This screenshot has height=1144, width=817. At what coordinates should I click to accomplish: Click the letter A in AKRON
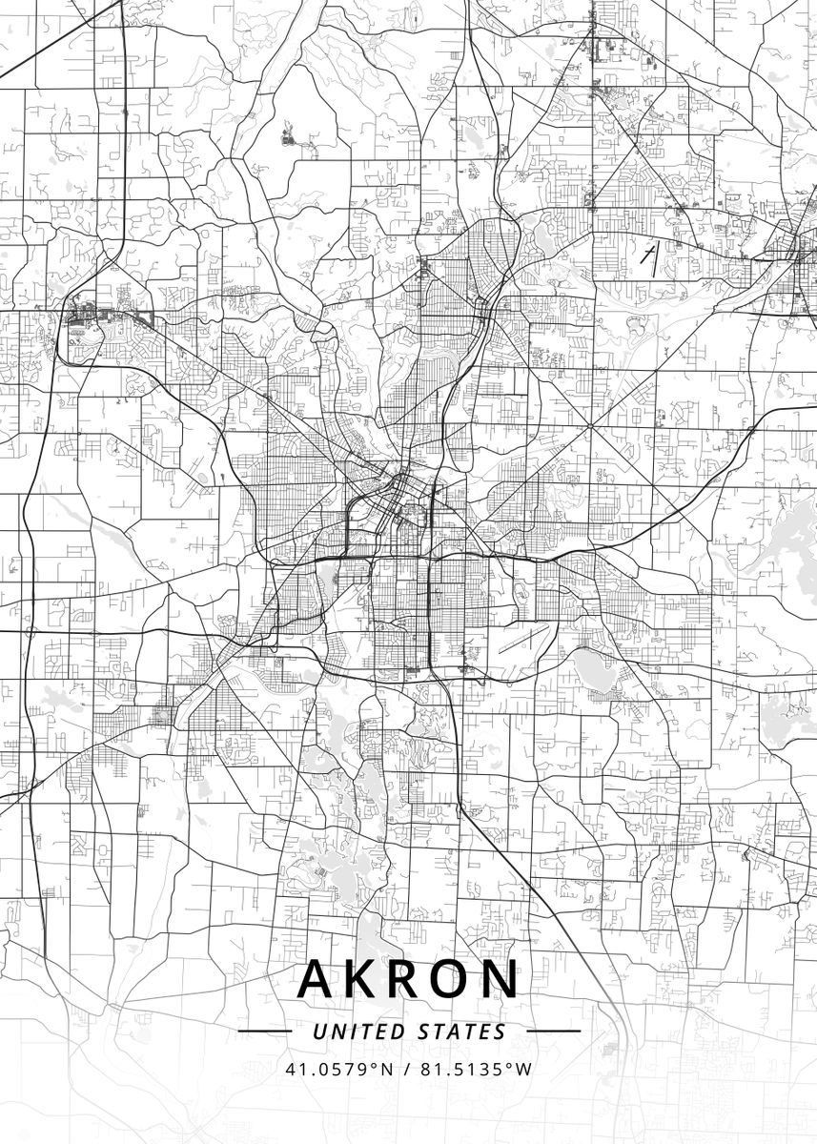[317, 978]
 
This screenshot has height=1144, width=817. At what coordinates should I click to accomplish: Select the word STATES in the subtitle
[462, 1032]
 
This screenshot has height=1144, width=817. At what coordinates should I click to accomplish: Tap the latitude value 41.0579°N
[338, 1069]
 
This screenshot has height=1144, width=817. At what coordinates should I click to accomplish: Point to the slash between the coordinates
[406, 1069]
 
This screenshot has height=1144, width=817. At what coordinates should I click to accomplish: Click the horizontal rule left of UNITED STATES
[264, 1032]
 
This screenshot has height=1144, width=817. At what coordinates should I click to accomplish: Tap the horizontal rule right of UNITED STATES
[553, 1032]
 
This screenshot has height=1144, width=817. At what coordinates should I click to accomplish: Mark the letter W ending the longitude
[524, 1069]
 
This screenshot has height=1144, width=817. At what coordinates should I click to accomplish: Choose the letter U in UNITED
[318, 1032]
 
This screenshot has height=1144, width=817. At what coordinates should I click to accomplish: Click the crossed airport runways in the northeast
[649, 257]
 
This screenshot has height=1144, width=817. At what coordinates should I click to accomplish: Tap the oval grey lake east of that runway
[595, 669]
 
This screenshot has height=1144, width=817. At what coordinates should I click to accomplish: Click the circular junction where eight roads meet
[591, 424]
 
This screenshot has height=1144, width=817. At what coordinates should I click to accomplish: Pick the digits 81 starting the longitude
[426, 1069]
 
